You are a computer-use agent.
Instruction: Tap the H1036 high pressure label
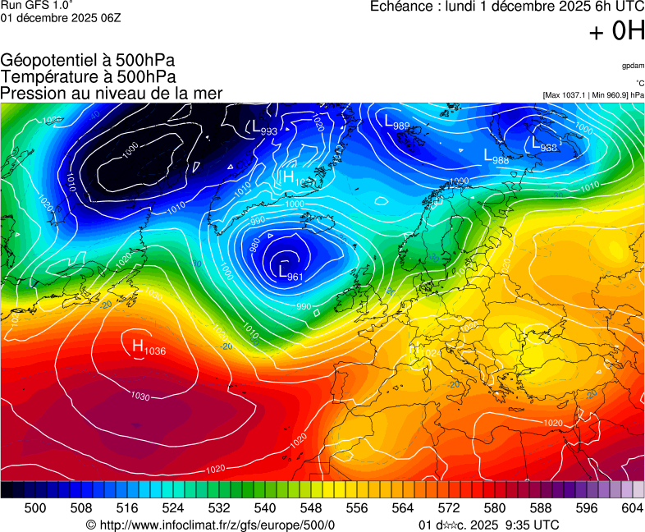[149, 346]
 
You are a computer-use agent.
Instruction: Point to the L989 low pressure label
[397, 122]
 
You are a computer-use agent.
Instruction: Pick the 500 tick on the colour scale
[34, 509]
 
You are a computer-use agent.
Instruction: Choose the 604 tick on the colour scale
[632, 509]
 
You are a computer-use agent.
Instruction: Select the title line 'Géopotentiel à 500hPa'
[88, 61]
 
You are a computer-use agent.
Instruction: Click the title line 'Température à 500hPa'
[89, 76]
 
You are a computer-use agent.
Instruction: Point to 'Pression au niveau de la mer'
[112, 93]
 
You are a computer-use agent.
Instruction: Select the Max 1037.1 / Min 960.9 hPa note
[593, 95]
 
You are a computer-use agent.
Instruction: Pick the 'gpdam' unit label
[633, 66]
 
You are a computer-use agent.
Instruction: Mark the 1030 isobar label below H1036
[140, 396]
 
